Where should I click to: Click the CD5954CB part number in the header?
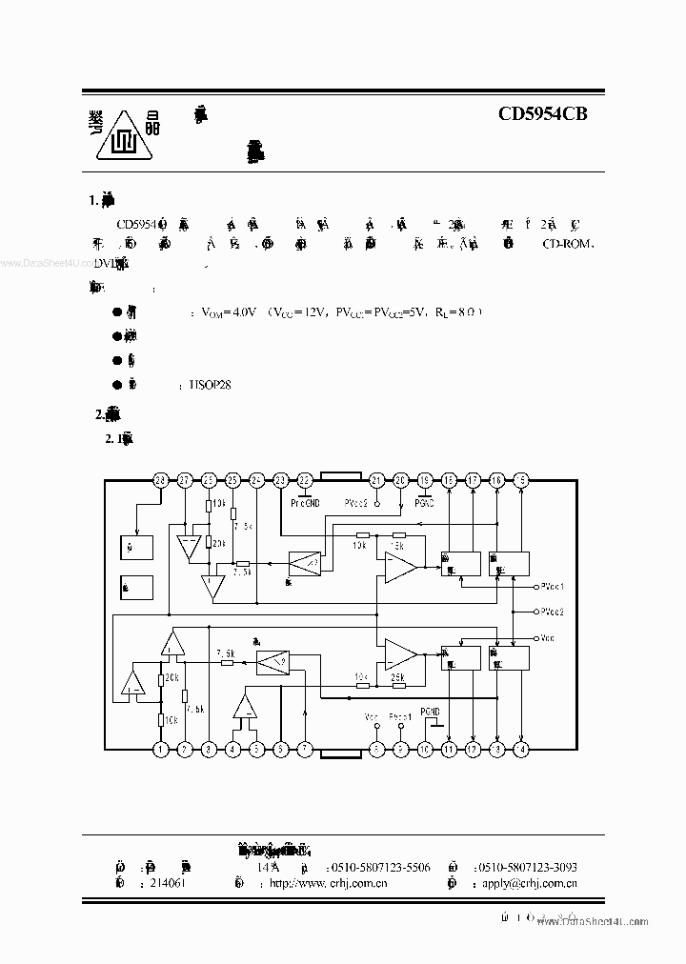543,114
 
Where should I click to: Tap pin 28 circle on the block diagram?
160,480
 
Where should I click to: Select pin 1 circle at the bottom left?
161,750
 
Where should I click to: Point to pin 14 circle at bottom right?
520,750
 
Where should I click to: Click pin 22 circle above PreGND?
305,480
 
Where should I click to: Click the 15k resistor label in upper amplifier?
395,546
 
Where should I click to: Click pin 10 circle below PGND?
425,750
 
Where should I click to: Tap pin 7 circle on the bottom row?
305,750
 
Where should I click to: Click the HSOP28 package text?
212,385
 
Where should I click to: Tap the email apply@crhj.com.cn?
530,884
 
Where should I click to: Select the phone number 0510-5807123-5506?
379,867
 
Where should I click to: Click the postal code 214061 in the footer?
168,884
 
